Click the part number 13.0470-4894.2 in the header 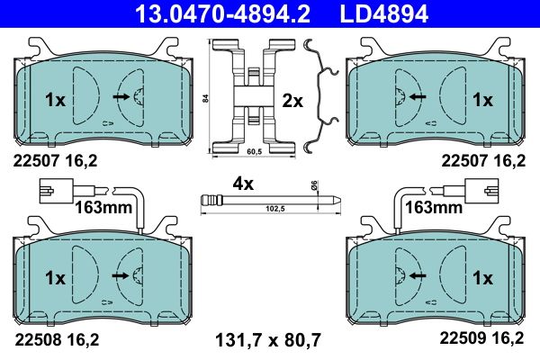tap(222, 13)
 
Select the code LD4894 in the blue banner tap(384, 13)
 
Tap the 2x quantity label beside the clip tap(292, 102)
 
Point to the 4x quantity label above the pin tap(243, 184)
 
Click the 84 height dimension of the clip tap(206, 98)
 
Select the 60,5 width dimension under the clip tap(254, 152)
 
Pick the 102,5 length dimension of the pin tap(275, 209)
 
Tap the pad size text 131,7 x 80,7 tap(268, 340)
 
